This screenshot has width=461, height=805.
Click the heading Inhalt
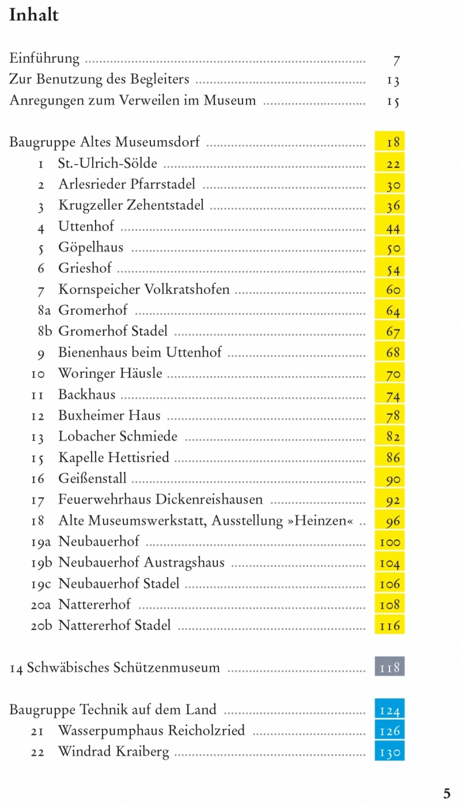34,15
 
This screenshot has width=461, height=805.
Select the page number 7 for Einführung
396,60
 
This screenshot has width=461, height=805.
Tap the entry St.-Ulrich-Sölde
108,164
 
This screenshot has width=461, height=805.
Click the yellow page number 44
392,228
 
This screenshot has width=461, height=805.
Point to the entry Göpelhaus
90,248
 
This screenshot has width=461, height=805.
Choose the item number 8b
45,331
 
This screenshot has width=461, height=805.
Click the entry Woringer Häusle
110,373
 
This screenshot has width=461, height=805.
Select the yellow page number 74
392,396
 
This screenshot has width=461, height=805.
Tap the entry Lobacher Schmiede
118,436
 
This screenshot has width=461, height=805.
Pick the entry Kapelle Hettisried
114,458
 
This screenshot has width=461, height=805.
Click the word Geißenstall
92,478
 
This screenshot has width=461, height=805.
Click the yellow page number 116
390,626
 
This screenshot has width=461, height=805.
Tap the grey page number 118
390,668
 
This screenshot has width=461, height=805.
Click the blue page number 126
390,731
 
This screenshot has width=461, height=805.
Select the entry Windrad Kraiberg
114,752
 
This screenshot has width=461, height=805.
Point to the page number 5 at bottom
447,793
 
